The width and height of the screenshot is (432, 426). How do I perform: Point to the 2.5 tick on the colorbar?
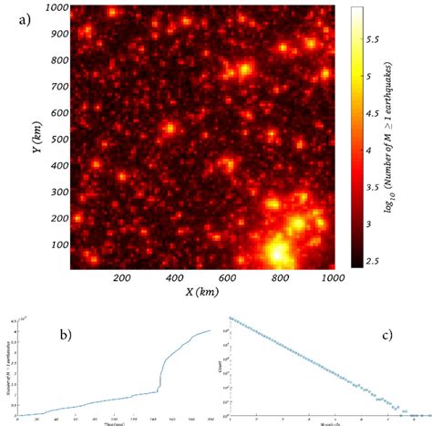tap(375, 263)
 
